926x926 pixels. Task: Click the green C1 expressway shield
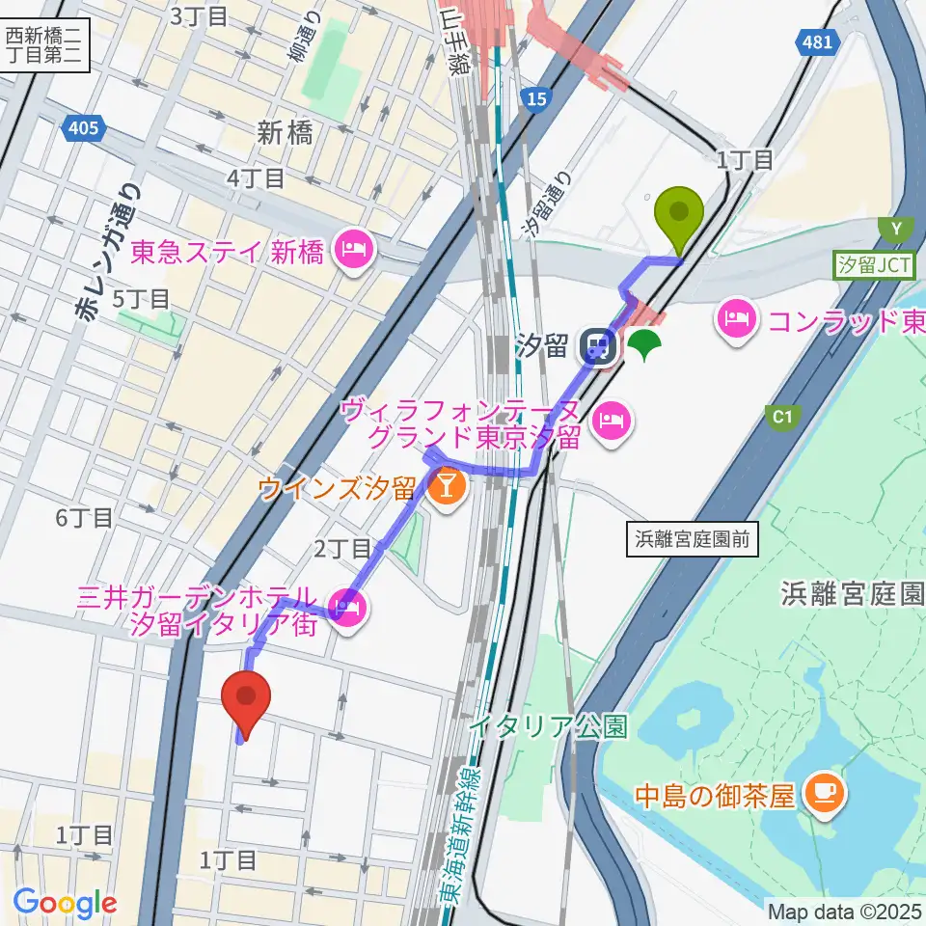tap(782, 416)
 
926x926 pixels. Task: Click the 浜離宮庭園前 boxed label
tap(692, 540)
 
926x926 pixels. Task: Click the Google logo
tap(65, 903)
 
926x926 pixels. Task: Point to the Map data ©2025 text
tap(845, 910)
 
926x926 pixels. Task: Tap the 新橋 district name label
tap(286, 133)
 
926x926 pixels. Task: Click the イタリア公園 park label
tap(549, 723)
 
